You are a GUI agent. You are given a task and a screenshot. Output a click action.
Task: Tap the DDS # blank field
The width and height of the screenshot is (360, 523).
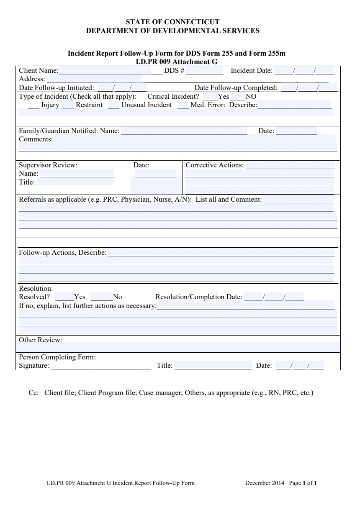click(x=205, y=71)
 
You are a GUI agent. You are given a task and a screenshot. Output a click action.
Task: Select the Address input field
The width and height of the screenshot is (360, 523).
click(x=95, y=79)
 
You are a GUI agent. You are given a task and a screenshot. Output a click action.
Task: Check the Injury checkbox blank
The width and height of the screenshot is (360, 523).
click(x=33, y=105)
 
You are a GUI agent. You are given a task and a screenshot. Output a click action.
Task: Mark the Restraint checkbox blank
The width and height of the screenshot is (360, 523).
click(x=68, y=105)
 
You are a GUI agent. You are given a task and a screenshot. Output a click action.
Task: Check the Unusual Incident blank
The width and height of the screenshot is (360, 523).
click(x=113, y=105)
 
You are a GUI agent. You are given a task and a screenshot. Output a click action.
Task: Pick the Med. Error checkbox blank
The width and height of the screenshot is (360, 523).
click(x=183, y=105)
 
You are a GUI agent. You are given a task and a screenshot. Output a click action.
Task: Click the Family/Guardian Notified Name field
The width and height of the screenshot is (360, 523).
click(x=184, y=131)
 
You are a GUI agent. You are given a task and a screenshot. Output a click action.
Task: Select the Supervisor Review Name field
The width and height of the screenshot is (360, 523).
click(x=77, y=174)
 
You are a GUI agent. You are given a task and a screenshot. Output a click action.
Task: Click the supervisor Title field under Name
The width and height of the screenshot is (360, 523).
click(x=75, y=182)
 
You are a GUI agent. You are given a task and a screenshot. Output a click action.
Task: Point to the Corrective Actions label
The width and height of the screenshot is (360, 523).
click(x=214, y=165)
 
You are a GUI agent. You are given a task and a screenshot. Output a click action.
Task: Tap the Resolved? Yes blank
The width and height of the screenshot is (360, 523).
click(x=64, y=297)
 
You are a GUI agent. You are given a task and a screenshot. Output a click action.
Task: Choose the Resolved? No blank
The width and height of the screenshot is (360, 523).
click(x=102, y=297)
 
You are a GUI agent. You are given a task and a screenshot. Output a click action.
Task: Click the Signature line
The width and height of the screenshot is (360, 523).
click(x=100, y=366)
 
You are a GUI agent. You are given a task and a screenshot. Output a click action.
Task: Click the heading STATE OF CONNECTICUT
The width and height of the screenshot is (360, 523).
click(x=172, y=22)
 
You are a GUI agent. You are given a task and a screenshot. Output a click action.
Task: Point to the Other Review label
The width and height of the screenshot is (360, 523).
click(x=40, y=340)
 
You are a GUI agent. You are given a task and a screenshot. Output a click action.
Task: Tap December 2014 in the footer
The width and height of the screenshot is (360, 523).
click(x=265, y=483)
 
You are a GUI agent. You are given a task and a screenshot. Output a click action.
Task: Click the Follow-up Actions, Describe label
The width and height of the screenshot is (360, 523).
click(x=63, y=253)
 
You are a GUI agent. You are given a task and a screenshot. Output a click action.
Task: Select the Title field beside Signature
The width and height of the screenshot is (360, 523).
click(x=213, y=366)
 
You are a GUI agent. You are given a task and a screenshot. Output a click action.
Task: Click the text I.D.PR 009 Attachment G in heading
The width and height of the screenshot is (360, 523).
click(x=177, y=62)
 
